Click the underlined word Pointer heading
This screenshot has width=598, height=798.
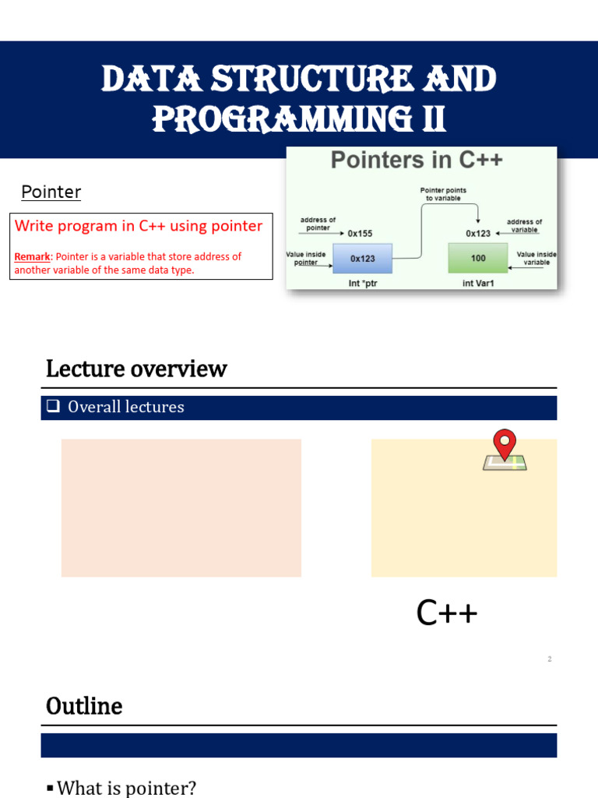click(x=51, y=192)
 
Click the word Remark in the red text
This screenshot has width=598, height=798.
click(x=32, y=256)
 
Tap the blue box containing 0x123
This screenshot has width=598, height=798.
click(x=362, y=258)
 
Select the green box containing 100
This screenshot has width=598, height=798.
click(x=477, y=258)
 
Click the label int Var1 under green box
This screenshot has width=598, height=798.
click(x=478, y=283)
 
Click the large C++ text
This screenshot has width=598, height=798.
click(x=447, y=613)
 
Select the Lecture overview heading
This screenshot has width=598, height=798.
click(x=136, y=369)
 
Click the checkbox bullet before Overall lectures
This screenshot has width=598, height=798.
click(x=53, y=407)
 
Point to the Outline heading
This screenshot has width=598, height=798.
click(x=84, y=706)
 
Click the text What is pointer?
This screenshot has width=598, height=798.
click(x=126, y=788)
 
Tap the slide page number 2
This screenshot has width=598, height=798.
click(x=549, y=659)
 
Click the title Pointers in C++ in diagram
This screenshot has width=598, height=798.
click(x=417, y=161)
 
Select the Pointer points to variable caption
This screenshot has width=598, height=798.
click(x=443, y=194)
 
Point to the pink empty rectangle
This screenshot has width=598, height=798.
click(x=181, y=507)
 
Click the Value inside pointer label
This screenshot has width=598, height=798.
click(x=306, y=258)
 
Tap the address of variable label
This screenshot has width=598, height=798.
click(x=524, y=225)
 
